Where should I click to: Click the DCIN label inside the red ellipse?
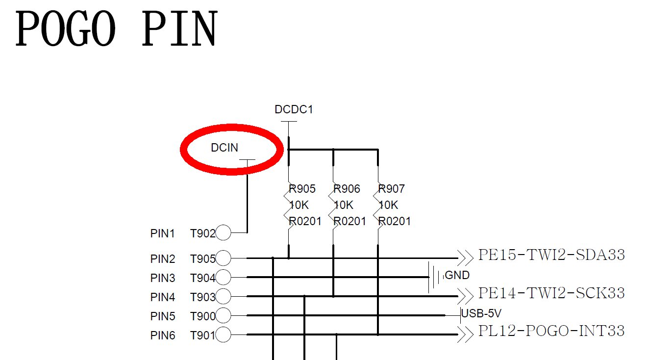(224, 148)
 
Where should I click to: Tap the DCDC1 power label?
(294, 109)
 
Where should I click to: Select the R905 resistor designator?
(302, 189)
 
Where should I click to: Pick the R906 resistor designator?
(347, 189)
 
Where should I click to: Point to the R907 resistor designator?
(392, 189)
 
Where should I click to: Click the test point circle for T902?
(223, 233)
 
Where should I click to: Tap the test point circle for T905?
(223, 258)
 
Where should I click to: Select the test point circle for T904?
(223, 278)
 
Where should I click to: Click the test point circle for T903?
(223, 296)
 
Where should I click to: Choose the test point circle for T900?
(223, 315)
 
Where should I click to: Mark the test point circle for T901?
(223, 335)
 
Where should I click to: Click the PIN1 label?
(162, 233)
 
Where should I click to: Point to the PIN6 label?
(162, 336)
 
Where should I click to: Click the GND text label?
(457, 275)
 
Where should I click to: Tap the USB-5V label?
(481, 313)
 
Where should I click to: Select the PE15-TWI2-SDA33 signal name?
(551, 255)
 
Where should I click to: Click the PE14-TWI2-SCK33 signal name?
(551, 293)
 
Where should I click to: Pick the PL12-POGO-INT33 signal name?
(551, 331)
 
